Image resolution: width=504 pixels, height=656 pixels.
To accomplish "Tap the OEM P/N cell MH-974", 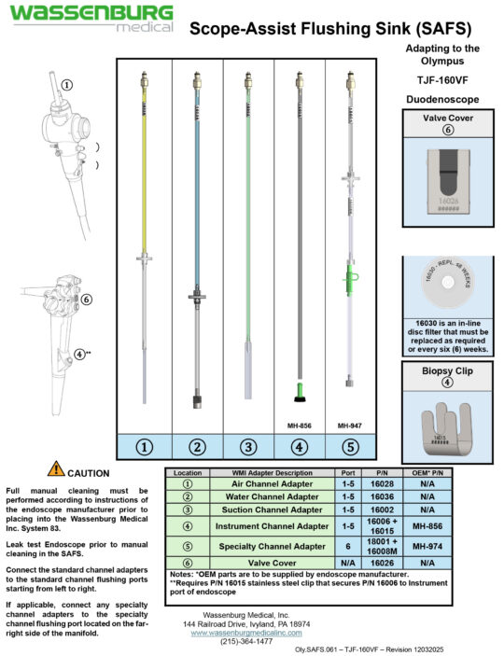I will coord(426,545).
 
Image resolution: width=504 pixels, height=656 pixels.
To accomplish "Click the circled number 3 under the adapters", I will coord(248,447).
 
